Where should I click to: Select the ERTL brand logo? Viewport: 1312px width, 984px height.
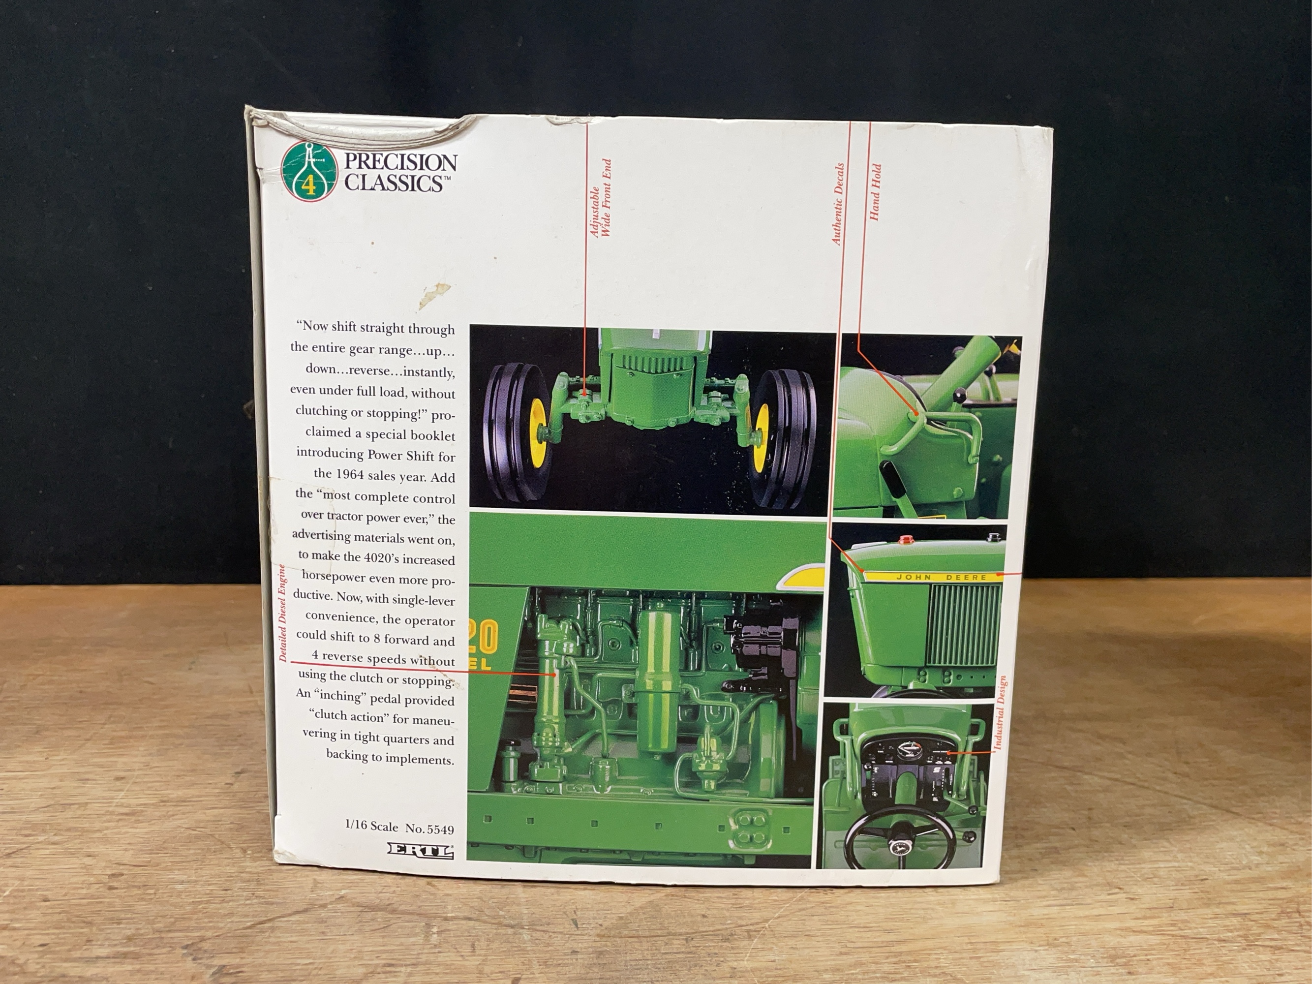(421, 851)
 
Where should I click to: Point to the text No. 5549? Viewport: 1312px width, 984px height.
(430, 828)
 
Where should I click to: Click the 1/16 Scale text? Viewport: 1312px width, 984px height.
(372, 826)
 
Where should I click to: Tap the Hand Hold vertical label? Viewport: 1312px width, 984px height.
(876, 193)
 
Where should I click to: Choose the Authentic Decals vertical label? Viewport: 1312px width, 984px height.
(837, 205)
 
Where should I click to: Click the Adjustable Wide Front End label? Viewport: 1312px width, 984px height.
(600, 198)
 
